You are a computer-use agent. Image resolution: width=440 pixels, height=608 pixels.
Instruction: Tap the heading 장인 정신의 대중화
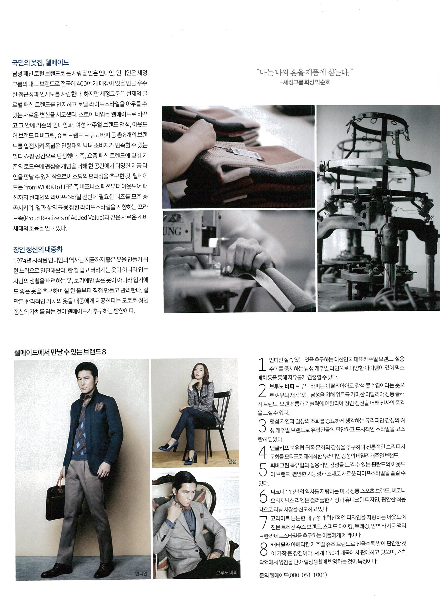coord(38,249)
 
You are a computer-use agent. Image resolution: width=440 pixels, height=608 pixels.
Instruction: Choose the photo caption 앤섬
coord(231,461)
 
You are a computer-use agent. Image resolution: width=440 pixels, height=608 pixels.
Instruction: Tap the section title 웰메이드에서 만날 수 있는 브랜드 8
coord(60,352)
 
